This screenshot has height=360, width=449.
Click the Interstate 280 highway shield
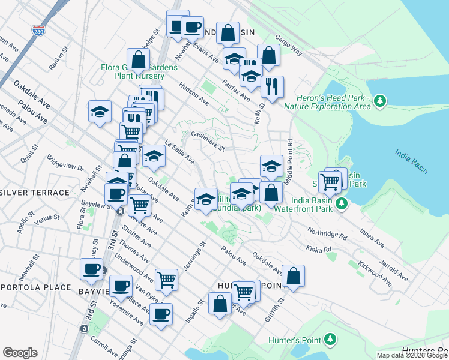click(x=38, y=31)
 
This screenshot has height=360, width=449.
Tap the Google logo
click(x=20, y=353)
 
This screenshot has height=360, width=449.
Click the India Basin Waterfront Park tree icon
click(x=342, y=204)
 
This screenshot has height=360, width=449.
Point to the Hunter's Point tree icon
click(x=330, y=341)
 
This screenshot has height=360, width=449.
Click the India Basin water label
click(x=411, y=161)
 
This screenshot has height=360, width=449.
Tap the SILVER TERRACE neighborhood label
click(x=35, y=192)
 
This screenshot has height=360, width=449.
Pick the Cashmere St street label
click(x=207, y=142)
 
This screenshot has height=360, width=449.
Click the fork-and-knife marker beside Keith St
click(x=272, y=86)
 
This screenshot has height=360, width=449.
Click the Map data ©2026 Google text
click(x=412, y=355)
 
